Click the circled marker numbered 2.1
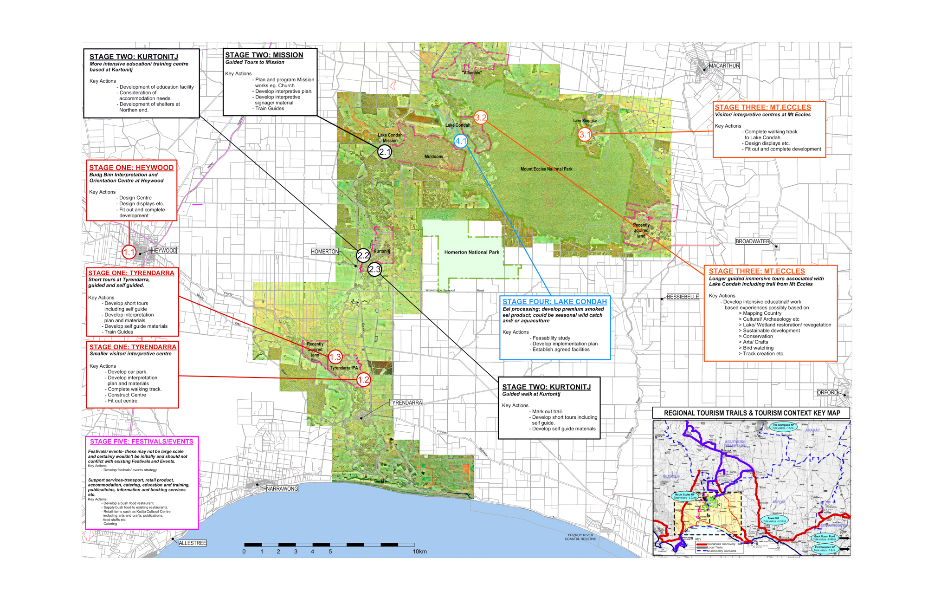coord(385,152)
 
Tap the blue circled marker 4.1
coord(461,141)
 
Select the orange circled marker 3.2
coord(481,117)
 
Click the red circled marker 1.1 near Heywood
coord(129,253)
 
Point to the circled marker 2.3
coord(374,269)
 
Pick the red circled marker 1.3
coord(335,357)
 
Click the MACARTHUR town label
coord(724,66)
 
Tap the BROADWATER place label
coord(752,241)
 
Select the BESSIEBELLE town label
coord(683,297)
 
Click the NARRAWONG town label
coord(282,489)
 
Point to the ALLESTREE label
coord(193,543)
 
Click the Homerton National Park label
coord(471,253)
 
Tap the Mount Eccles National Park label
coord(546,169)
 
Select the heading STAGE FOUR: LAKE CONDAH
coord(554,302)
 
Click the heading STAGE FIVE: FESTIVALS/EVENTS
coord(142,442)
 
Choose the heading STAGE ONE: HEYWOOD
coord(131,168)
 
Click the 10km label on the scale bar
coord(419,552)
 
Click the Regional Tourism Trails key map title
coord(752,413)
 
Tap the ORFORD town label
coord(827,393)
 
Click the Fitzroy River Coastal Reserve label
coord(580,537)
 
